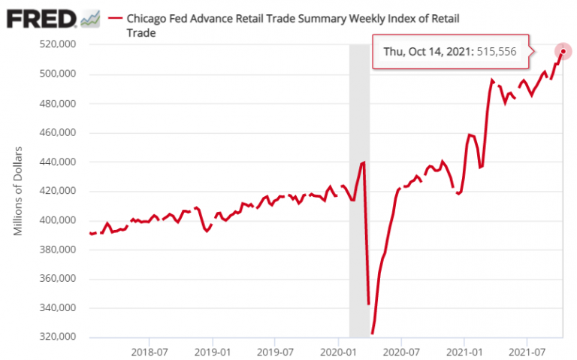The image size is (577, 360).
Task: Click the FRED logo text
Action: (x=40, y=17)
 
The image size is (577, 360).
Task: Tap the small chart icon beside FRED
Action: (x=90, y=18)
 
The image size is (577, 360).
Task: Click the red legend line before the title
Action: (x=116, y=17)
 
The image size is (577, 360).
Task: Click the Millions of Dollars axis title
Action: (x=19, y=191)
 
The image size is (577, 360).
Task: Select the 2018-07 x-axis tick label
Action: (x=150, y=351)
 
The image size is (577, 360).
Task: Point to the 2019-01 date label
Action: (x=213, y=351)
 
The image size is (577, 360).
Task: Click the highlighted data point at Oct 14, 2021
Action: (x=563, y=51)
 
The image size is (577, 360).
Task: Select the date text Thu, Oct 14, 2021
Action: (x=427, y=51)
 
